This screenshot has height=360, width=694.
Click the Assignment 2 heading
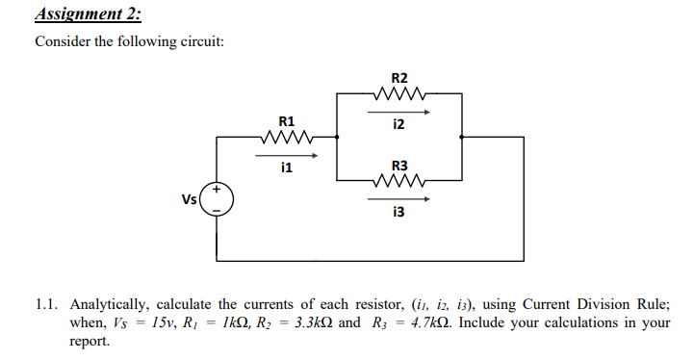pos(88,13)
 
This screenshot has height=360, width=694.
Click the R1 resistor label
pos(286,121)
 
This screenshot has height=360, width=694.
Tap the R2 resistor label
pos(399,78)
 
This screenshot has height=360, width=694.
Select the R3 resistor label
pos(398,165)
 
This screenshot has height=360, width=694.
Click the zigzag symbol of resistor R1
pos(286,137)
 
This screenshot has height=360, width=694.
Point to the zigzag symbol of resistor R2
pos(398,93)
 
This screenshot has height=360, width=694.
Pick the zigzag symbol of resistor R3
pos(398,180)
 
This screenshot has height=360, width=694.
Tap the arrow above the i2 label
pos(398,111)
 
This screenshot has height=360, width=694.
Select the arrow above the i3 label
pos(398,199)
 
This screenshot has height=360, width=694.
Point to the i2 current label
pos(398,125)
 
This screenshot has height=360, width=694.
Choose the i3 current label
pos(398,213)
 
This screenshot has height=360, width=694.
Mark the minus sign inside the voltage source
pos(217,210)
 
